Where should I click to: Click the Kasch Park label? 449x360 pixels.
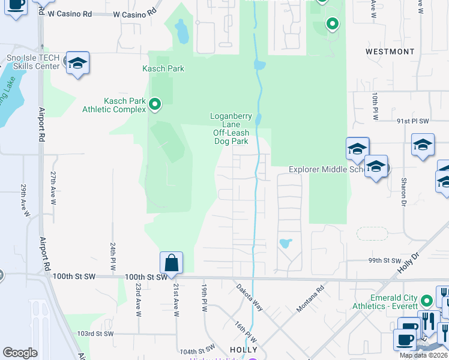pos(163,68)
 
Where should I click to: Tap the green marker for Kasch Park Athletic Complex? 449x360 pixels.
pos(155,105)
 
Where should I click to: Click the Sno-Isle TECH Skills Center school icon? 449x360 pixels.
pos(77,63)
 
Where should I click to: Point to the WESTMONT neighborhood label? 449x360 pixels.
pos(390,52)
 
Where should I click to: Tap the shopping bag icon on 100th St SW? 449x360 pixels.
pos(171,263)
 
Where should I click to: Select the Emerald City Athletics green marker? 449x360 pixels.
pos(427,299)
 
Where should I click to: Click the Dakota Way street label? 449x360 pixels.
pos(249,295)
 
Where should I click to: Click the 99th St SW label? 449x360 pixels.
pos(384,261)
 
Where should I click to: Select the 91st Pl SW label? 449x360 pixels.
pos(414,121)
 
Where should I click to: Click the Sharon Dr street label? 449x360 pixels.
pos(403,190)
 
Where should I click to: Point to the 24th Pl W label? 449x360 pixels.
pos(112,255)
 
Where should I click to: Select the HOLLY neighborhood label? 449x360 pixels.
pos(244,350)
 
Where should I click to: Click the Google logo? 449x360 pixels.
pos(20,353)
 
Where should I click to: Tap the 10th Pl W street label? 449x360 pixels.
pos(375,106)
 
